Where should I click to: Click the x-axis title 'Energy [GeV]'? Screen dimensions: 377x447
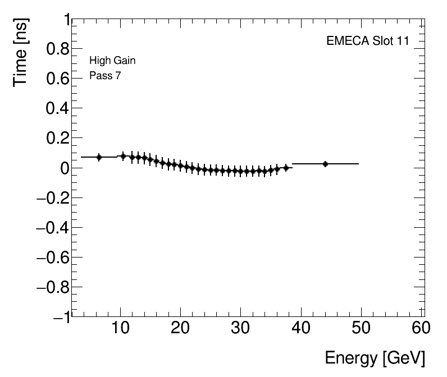tap(375, 358)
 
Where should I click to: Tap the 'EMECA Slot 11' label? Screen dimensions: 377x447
tap(367, 41)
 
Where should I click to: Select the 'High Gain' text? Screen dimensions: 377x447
tap(112, 61)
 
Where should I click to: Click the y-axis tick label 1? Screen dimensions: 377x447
tap(64, 20)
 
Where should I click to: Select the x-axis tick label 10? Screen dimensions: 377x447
tap(120, 328)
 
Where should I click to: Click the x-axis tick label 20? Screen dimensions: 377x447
tap(180, 328)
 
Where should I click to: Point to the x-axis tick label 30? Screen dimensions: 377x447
tap(240, 328)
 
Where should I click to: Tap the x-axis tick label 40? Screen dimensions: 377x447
tap(301, 328)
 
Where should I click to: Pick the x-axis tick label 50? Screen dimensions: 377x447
tap(361, 328)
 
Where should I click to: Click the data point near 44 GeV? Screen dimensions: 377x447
tap(325, 164)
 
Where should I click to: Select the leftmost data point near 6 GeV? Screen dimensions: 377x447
tap(99, 157)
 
